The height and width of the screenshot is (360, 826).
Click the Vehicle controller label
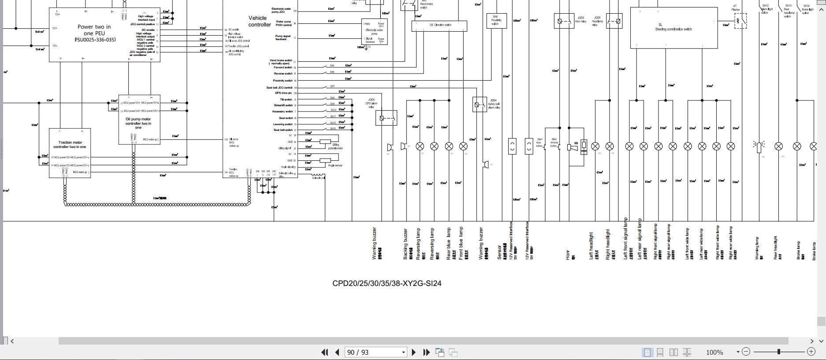pyautogui.click(x=259, y=21)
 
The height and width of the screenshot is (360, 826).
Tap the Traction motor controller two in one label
pyautogui.click(x=70, y=145)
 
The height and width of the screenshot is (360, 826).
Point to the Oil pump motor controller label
pyautogui.click(x=138, y=122)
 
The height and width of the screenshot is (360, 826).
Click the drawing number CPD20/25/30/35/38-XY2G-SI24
pyautogui.click(x=387, y=283)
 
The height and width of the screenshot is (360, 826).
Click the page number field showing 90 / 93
pyautogui.click(x=358, y=352)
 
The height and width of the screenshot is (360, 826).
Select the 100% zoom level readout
pyautogui.click(x=714, y=352)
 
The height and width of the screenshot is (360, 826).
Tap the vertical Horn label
pyautogui.click(x=568, y=254)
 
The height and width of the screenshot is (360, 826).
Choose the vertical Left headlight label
pyautogui.click(x=592, y=245)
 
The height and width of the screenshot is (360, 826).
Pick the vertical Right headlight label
pyautogui.click(x=608, y=244)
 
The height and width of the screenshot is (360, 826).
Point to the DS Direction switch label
pyautogui.click(x=440, y=25)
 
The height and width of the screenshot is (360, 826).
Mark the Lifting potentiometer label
pyautogui.click(x=335, y=146)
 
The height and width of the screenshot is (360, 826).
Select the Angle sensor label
pyautogui.click(x=335, y=165)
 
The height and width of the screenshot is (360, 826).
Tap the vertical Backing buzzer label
pyautogui.click(x=406, y=243)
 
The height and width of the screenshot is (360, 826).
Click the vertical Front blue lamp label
pyautogui.click(x=461, y=243)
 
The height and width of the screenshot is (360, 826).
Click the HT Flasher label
pyautogui.click(x=735, y=7)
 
